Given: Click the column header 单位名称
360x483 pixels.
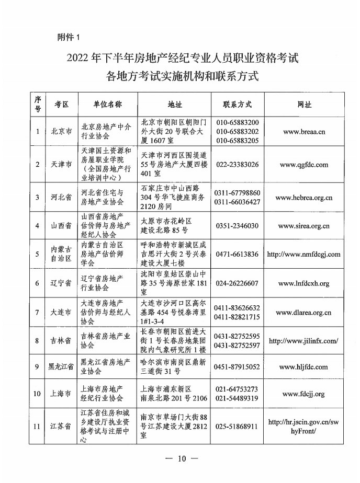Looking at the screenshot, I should coord(108,104).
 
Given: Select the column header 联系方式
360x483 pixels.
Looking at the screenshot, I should coord(237,104).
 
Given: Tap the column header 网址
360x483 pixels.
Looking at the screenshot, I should coord(304,104).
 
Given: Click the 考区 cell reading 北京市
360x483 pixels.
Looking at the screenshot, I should coord(62,132).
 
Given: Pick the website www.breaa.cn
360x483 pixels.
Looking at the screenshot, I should coord(304,132).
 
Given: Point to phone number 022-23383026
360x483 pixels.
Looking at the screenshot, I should coord(237,164).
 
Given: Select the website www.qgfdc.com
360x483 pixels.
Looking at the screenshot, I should coord(304,164).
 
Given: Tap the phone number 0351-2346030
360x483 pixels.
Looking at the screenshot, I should coord(237,226).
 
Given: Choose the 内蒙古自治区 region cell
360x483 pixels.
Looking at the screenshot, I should coord(61,255).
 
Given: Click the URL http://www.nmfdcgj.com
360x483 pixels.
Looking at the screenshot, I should coord(304,255).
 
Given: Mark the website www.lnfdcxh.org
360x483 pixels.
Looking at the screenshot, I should coord(304,283).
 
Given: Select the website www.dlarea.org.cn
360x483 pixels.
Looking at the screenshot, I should coord(304,313).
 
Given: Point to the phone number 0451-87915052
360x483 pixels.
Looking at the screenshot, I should coord(237,367).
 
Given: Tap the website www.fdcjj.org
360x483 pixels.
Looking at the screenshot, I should coord(304,394).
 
